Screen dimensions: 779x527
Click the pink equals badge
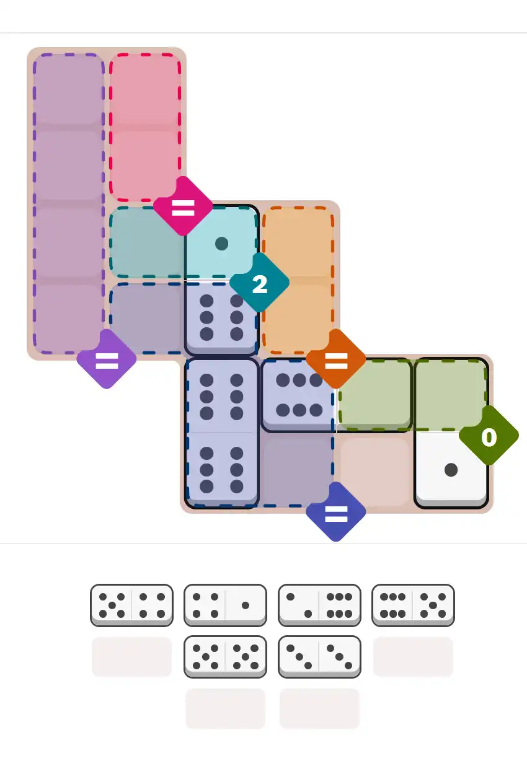pyautogui.click(x=183, y=206)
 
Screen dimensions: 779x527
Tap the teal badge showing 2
pyautogui.click(x=259, y=284)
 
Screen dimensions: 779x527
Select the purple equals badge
pyautogui.click(x=107, y=360)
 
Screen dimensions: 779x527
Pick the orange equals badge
pyautogui.click(x=335, y=359)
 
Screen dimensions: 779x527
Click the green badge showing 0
pyautogui.click(x=489, y=436)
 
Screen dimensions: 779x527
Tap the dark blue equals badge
pyautogui.click(x=335, y=513)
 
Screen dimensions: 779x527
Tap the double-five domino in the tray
pyautogui.click(x=226, y=656)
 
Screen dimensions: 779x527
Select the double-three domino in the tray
pyautogui.click(x=319, y=656)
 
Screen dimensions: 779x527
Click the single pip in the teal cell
pyautogui.click(x=221, y=244)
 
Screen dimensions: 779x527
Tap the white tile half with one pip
pyautogui.click(x=451, y=470)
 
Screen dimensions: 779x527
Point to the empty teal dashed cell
pyautogui.click(x=146, y=244)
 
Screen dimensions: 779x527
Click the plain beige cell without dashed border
pyautogui.click(x=374, y=470)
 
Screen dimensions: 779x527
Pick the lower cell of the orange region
pyautogui.click(x=298, y=316)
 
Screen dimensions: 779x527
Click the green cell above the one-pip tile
pyautogui.click(x=451, y=393)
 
